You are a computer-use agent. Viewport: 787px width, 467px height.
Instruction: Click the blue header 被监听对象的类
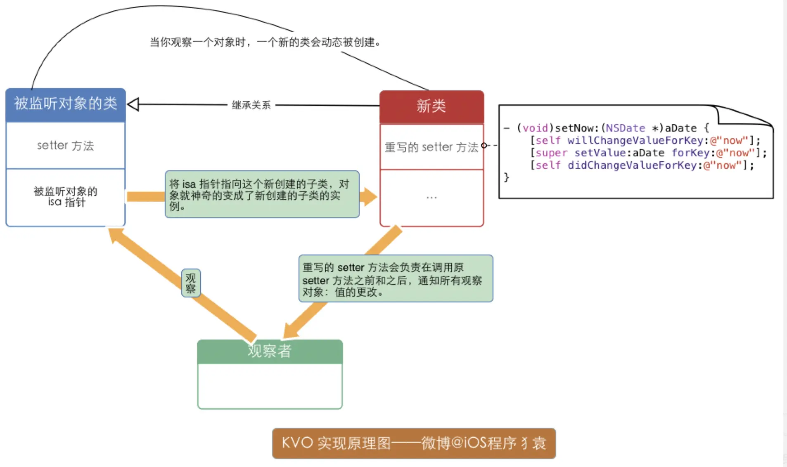tap(66, 104)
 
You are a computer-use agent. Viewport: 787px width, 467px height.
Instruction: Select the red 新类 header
tap(431, 106)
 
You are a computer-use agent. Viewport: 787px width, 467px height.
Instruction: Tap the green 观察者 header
tap(270, 351)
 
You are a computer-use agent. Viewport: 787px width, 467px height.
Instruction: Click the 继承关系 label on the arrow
tap(251, 105)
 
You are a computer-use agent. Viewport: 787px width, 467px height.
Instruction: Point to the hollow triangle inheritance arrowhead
tap(133, 104)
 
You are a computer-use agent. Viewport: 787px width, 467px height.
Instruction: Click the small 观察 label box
tap(191, 283)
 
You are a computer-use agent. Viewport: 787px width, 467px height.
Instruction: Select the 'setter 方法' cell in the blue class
tap(66, 146)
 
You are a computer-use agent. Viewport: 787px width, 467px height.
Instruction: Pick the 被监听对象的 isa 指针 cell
tap(66, 197)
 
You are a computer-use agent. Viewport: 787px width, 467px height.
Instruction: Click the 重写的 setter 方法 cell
tap(431, 147)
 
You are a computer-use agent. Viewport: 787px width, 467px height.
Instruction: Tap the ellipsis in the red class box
tap(431, 198)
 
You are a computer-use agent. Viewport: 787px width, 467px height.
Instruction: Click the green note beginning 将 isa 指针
tap(262, 194)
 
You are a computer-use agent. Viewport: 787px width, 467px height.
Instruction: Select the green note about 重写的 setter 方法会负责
tap(395, 279)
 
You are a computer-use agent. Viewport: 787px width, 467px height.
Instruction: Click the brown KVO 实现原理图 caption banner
tap(414, 443)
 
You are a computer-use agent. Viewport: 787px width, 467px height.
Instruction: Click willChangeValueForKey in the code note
tap(635, 141)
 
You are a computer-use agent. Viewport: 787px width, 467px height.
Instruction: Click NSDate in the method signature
tap(625, 128)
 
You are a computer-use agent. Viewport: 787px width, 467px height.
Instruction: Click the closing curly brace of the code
tap(507, 177)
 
